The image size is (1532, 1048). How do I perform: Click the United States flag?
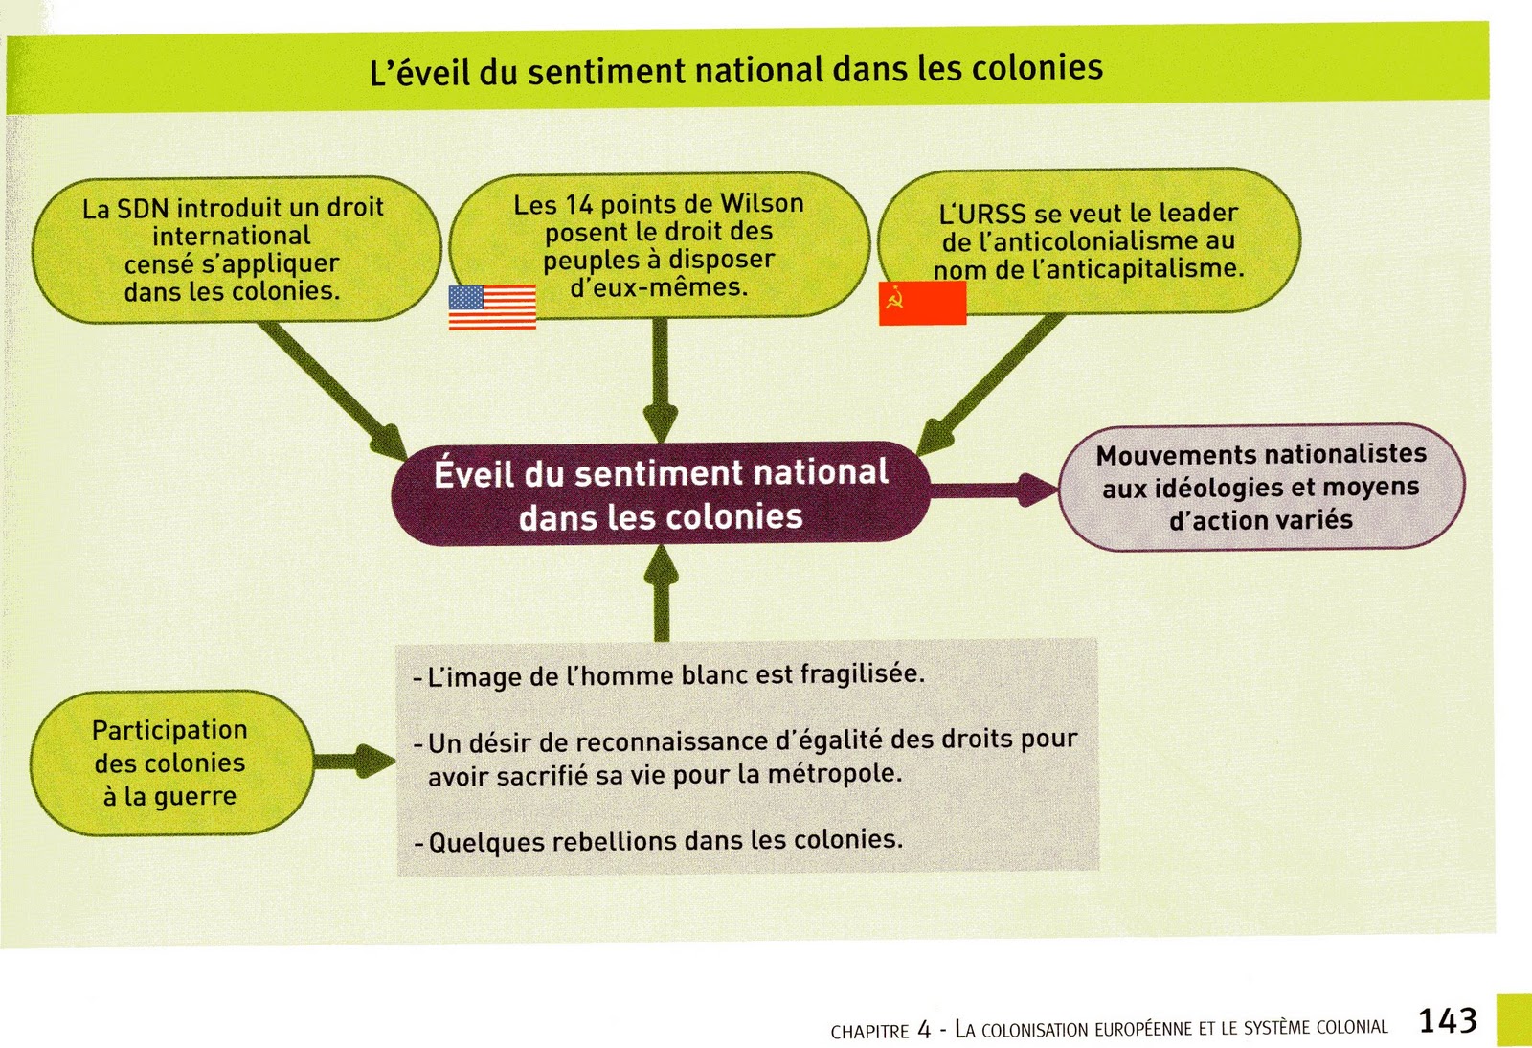[x=492, y=307]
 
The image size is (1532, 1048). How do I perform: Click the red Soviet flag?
[x=922, y=303]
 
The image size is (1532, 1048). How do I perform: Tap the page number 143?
[x=1447, y=1021]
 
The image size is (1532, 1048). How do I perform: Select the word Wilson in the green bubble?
[x=761, y=203]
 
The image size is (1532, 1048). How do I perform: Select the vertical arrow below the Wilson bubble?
[x=660, y=378]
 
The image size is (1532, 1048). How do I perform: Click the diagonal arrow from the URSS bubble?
[x=991, y=383]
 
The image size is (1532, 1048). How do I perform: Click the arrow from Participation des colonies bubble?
[x=353, y=763]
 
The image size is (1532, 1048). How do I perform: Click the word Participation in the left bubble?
[x=169, y=730]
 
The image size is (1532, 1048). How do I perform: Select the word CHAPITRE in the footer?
[x=869, y=1032]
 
